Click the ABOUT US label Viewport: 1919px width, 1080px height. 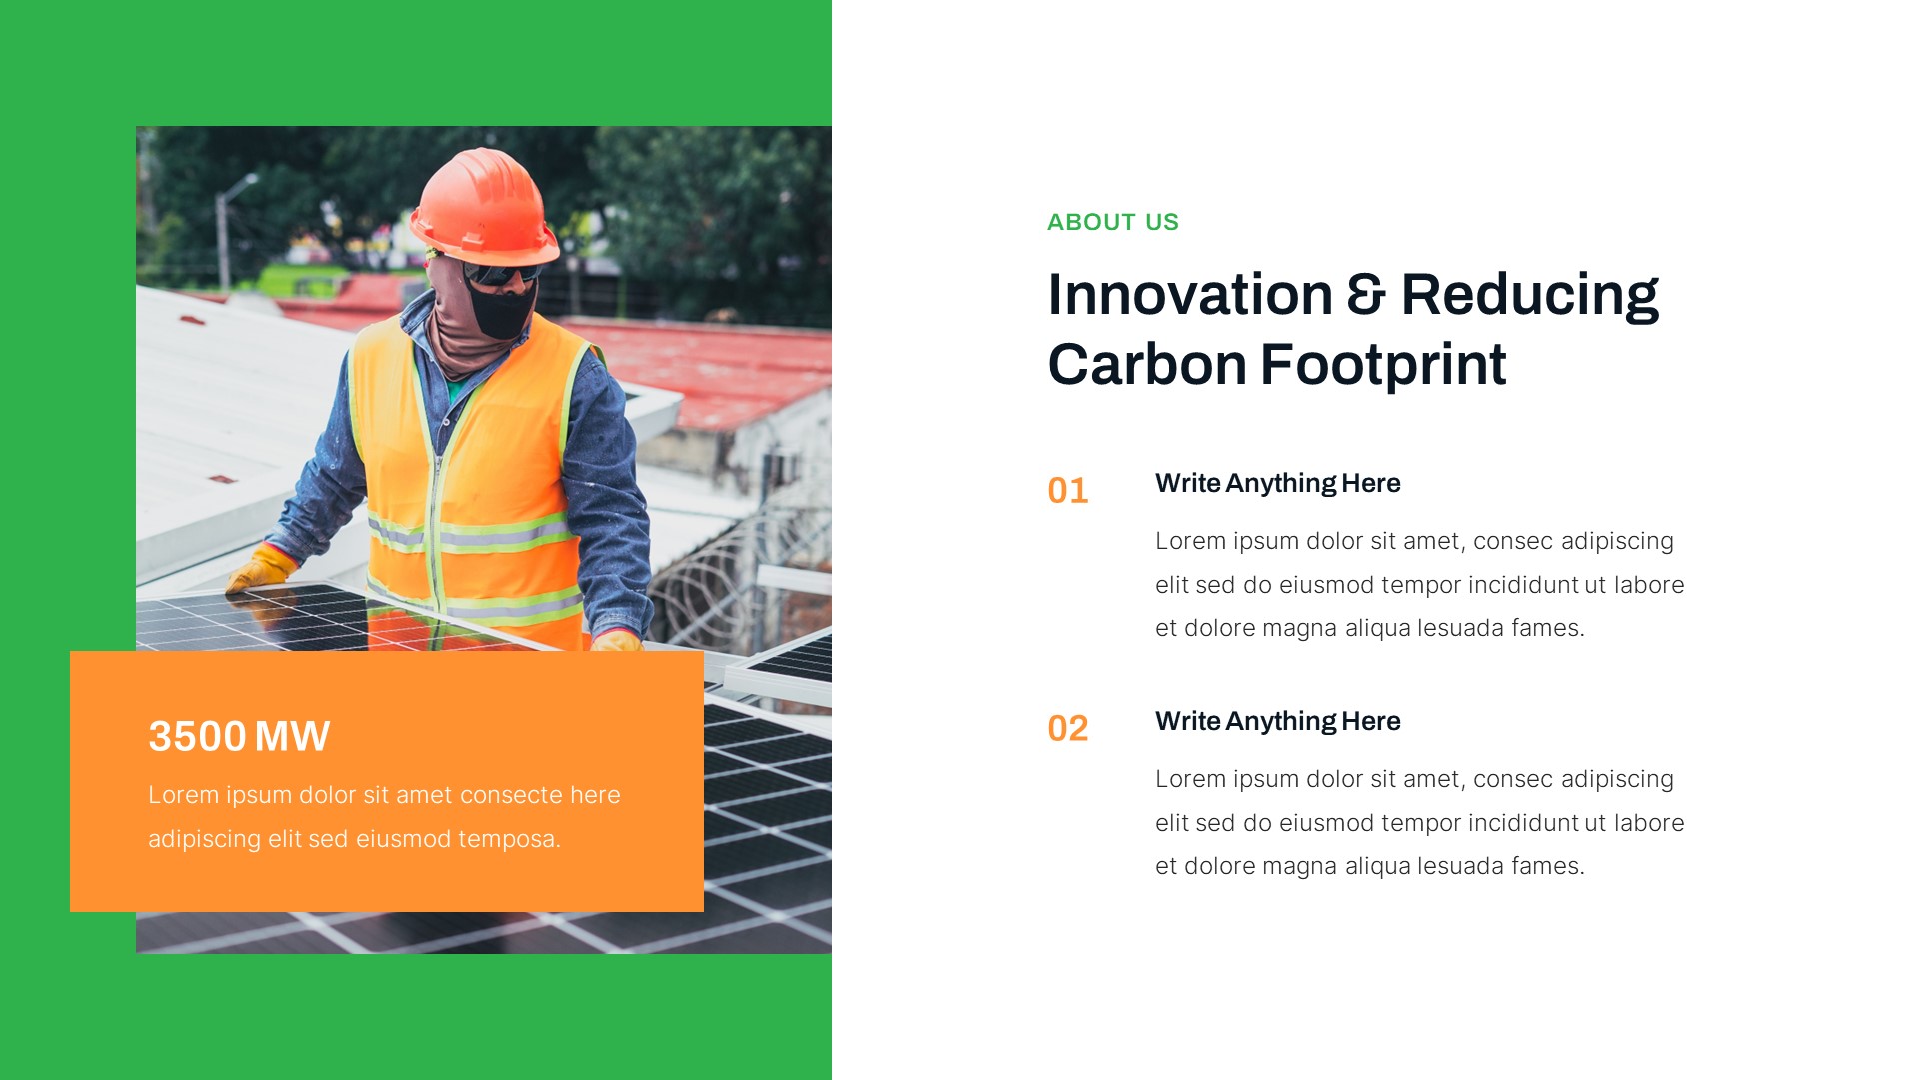[x=1112, y=222]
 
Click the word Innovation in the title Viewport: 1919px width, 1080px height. [x=1189, y=295]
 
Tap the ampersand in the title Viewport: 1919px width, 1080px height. [x=1366, y=295]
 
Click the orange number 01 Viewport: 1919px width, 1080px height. [x=1067, y=491]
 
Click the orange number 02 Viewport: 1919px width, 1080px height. [x=1067, y=729]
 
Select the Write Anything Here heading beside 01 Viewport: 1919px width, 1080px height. [x=1277, y=483]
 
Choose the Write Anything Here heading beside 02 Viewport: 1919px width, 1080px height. [x=1277, y=721]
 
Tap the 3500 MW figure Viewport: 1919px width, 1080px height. [x=239, y=737]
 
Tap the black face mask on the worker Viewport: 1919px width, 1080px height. [x=501, y=309]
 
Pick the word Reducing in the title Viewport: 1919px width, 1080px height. [x=1529, y=295]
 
